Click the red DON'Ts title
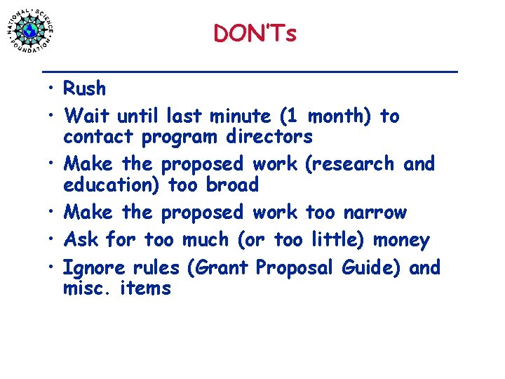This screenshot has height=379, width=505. point(255,33)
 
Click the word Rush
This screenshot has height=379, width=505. point(84,88)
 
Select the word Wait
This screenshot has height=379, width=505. point(87,115)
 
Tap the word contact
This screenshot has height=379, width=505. point(99,135)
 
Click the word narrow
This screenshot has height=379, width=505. point(373,212)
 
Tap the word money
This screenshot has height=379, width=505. point(401,240)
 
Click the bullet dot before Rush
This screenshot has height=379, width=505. point(53,90)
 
